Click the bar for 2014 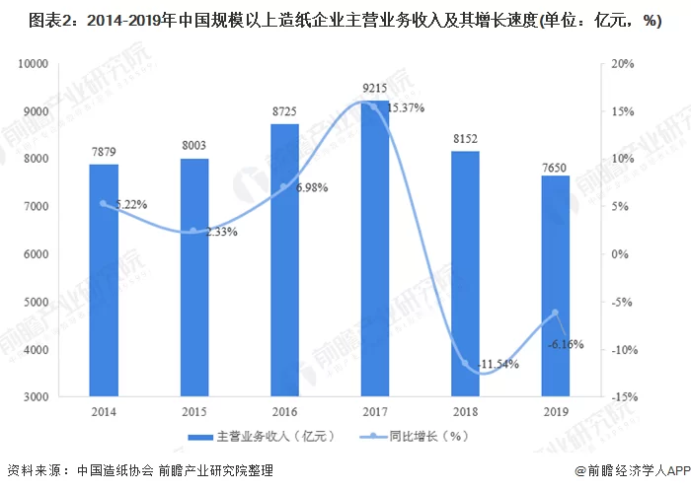(x=104, y=280)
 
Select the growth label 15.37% (x=406, y=107)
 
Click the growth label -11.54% (x=498, y=364)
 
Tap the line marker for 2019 (x=556, y=313)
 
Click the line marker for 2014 (x=104, y=204)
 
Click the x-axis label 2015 (x=193, y=412)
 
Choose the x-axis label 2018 (x=465, y=412)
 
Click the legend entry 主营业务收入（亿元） (x=259, y=437)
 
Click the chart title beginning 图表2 (x=345, y=22)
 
